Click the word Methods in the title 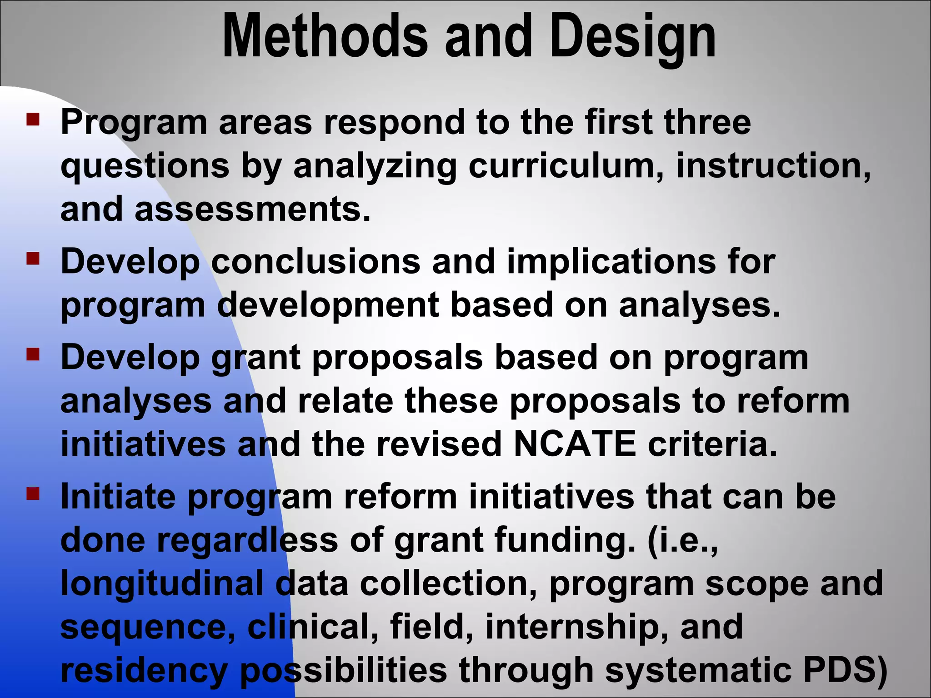pos(325,36)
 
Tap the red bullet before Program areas pos(33,119)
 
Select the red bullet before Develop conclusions pos(33,259)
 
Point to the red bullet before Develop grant pos(33,354)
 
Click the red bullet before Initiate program pos(33,494)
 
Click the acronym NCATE pos(575,444)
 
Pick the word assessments pos(252,209)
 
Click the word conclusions pos(316,262)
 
